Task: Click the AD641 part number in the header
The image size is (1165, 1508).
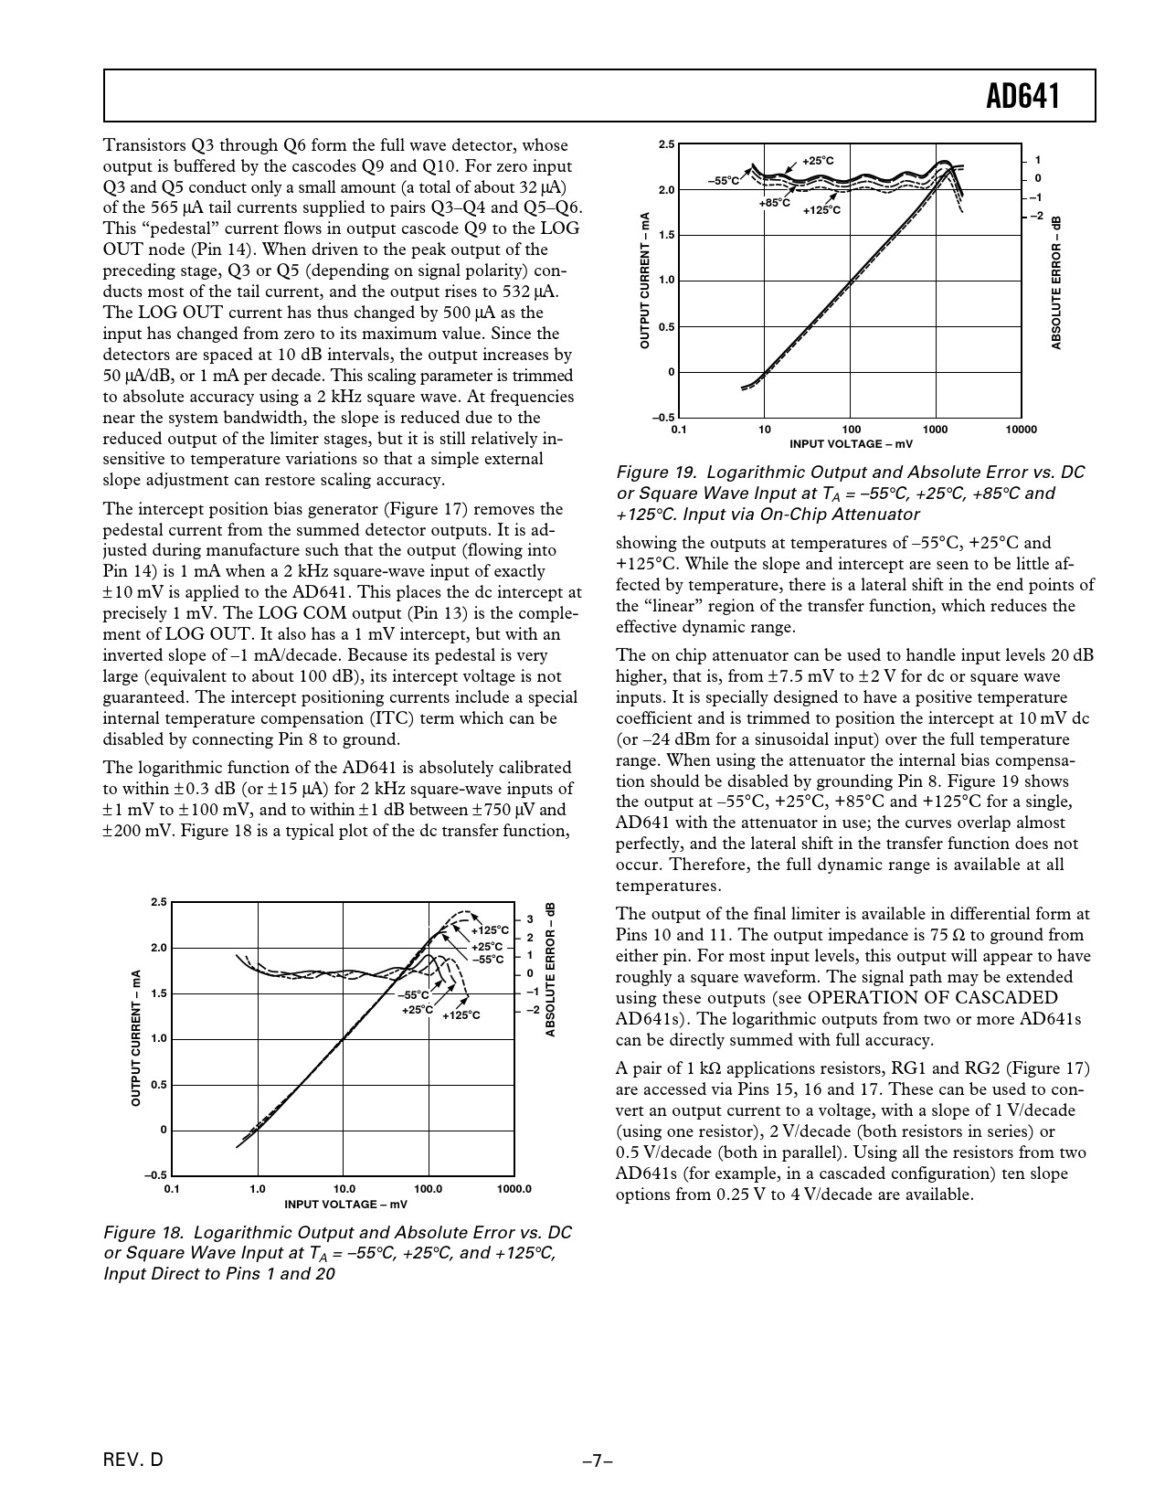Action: click(1023, 96)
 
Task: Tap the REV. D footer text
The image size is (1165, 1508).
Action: click(134, 1460)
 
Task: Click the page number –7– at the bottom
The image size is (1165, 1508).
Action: click(598, 1460)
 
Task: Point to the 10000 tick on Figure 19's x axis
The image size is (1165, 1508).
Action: click(1020, 430)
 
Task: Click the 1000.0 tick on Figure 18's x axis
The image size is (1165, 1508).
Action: click(514, 1189)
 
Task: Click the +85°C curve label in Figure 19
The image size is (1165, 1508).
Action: click(774, 202)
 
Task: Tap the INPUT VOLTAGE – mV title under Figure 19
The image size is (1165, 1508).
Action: click(851, 444)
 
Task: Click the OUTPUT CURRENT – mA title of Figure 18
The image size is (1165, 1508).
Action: click(135, 1038)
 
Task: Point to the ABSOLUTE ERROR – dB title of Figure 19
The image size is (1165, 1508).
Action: click(1057, 282)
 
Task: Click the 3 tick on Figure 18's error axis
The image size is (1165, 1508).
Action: click(530, 919)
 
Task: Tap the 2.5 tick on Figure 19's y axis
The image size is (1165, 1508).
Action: click(666, 144)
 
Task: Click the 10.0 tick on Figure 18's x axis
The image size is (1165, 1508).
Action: click(343, 1189)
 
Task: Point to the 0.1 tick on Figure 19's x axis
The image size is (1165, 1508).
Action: click(678, 430)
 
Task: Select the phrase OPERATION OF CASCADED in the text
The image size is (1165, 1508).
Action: click(933, 998)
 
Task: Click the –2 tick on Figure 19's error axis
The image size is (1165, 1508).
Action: click(1035, 216)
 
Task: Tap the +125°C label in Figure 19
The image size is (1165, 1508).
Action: click(821, 210)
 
